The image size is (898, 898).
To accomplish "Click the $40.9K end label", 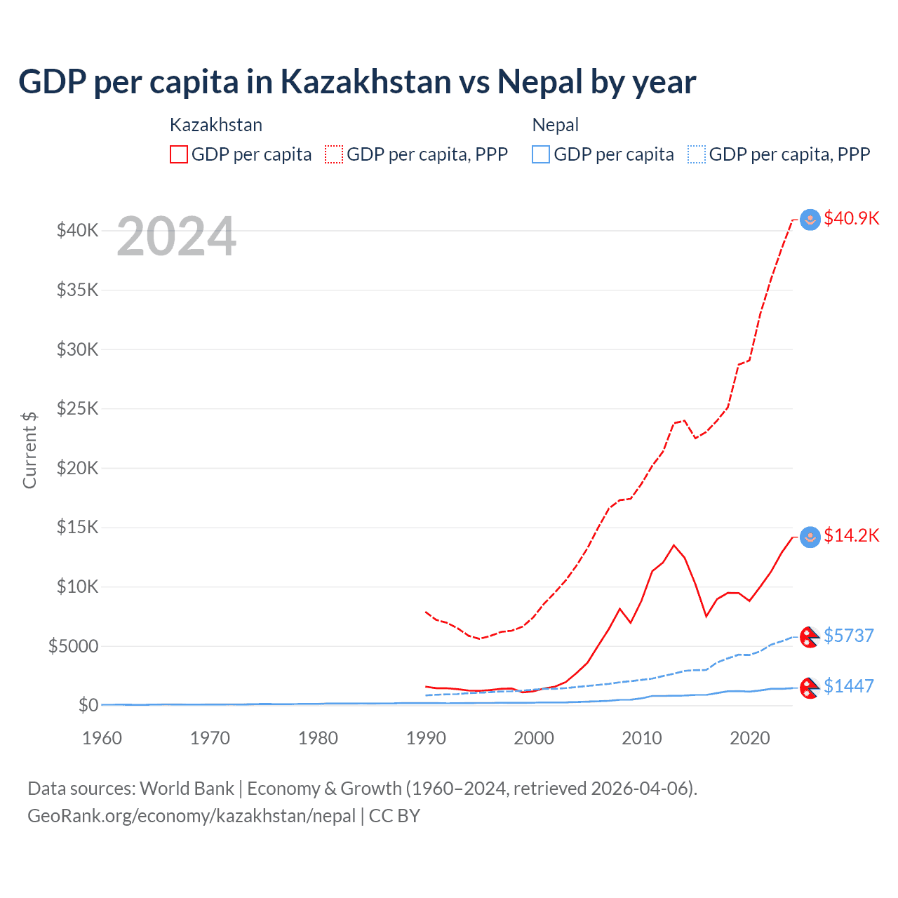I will coord(851,218).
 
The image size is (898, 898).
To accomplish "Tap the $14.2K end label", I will coord(851,536).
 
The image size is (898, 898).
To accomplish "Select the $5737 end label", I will coord(848,636).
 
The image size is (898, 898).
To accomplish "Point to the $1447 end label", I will coord(848,686).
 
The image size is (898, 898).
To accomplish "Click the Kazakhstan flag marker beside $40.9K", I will coord(810,220).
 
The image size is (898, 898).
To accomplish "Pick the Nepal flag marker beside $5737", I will coord(810,637).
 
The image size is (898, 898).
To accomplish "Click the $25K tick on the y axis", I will coord(78,408).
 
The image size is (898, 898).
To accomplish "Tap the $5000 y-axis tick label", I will coord(74,646).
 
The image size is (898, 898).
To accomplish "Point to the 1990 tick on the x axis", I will coord(426,738).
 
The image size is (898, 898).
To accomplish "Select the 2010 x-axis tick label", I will coord(642,738).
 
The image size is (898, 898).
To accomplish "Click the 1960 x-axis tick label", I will coord(102,738).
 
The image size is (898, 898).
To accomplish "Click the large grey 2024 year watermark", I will coord(177,237).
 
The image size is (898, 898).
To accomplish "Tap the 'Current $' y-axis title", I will coord(29,450).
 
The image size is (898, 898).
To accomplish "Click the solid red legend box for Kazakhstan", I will coord(179,154).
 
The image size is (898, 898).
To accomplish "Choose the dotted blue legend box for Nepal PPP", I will coord(697,154).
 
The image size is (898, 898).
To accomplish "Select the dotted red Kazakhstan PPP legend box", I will coord(335,154).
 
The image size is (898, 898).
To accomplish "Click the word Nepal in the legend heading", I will coord(556,125).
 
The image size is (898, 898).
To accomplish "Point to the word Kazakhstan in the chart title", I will coord(366,81).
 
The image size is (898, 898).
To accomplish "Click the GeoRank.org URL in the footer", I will coord(192,816).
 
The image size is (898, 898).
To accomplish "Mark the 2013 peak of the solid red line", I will coord(673,545).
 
